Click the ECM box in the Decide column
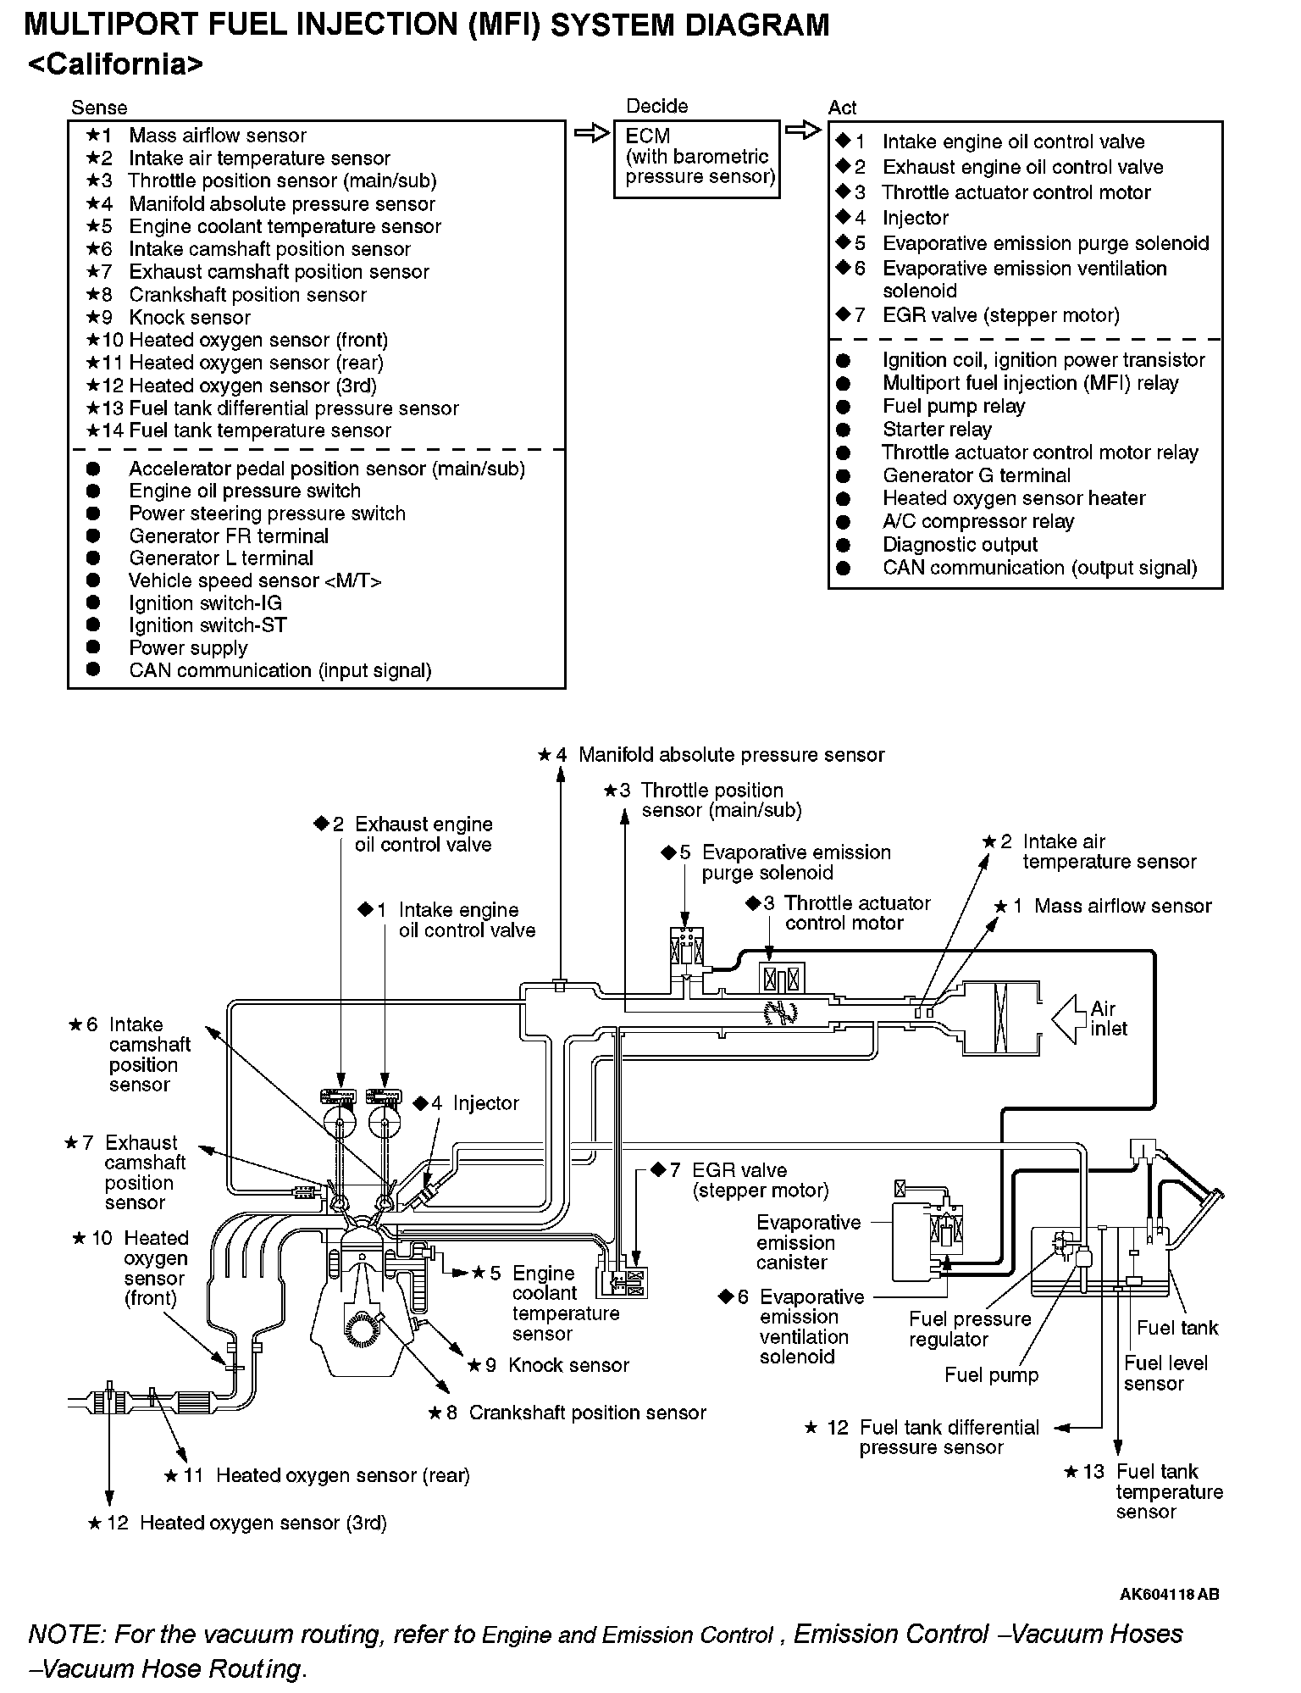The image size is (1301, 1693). [x=695, y=158]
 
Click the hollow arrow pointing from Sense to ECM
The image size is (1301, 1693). [x=590, y=134]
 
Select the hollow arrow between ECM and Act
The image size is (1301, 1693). [x=802, y=130]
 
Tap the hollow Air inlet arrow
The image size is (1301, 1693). [x=1070, y=1018]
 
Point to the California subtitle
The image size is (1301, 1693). [x=115, y=65]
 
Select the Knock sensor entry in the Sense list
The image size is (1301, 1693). [x=189, y=318]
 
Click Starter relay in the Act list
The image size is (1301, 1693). [x=936, y=430]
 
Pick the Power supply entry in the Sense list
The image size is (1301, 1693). [x=188, y=648]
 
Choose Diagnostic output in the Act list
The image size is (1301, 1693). [x=959, y=545]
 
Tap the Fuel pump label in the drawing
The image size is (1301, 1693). [x=991, y=1374]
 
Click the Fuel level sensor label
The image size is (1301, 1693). [x=1165, y=1373]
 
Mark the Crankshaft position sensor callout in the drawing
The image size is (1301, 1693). [x=586, y=1413]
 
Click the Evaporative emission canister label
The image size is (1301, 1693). [x=808, y=1242]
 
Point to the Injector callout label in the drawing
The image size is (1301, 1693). [x=484, y=1103]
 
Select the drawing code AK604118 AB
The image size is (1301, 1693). [x=1169, y=1594]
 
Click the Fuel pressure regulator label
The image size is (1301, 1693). [x=970, y=1329]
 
